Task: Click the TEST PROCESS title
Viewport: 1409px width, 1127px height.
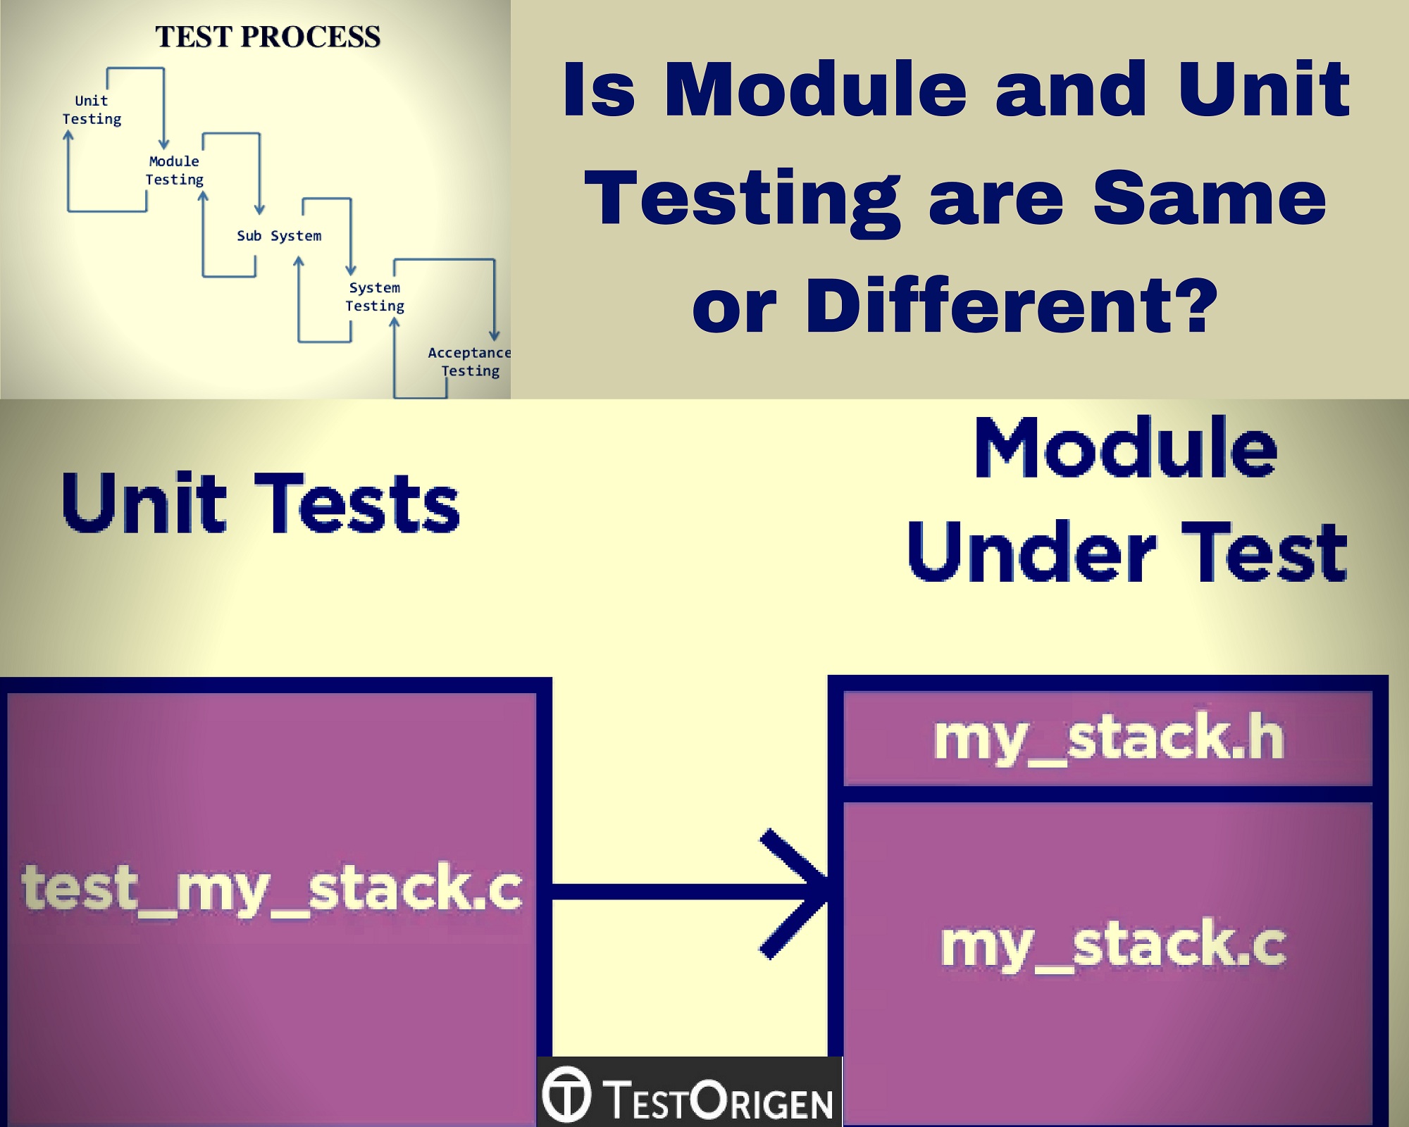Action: (268, 37)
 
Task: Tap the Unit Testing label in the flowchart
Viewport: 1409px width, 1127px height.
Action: (92, 110)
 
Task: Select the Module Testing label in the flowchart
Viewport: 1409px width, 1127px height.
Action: (174, 170)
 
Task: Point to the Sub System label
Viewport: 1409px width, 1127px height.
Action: (279, 236)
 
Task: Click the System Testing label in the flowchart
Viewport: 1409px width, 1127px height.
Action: (375, 297)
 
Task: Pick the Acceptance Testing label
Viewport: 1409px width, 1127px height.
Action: (469, 361)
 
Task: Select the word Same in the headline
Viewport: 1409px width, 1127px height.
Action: (1209, 199)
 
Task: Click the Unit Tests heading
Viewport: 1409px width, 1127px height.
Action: (261, 504)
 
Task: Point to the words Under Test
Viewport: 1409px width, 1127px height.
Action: (1127, 553)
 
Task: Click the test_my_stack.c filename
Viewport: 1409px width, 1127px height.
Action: (271, 889)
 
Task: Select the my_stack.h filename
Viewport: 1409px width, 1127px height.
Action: (1109, 738)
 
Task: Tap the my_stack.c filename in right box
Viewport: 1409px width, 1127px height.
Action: (1113, 945)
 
